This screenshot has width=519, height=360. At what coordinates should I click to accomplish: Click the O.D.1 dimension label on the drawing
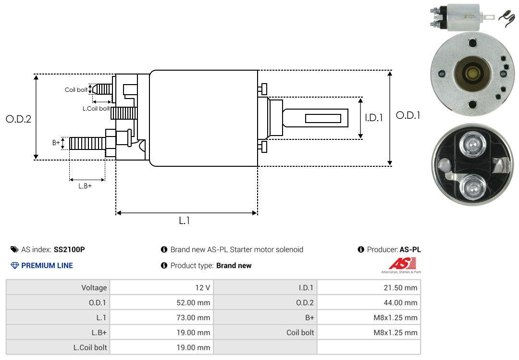coord(408,115)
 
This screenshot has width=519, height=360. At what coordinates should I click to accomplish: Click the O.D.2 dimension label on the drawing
coord(19,119)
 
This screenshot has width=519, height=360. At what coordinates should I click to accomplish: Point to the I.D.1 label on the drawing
coord(374,118)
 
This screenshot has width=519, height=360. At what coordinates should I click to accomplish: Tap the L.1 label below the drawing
coord(185,221)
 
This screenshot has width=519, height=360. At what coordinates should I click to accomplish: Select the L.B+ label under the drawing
coord(85,186)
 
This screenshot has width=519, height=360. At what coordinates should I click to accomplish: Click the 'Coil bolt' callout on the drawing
coord(76,90)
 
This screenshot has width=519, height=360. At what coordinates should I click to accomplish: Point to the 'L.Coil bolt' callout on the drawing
coord(96,108)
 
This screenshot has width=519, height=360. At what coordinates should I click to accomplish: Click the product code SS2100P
coord(69,249)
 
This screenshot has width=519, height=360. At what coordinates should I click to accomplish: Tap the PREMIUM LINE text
coord(47,265)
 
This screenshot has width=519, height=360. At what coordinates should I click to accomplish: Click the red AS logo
coord(402,264)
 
